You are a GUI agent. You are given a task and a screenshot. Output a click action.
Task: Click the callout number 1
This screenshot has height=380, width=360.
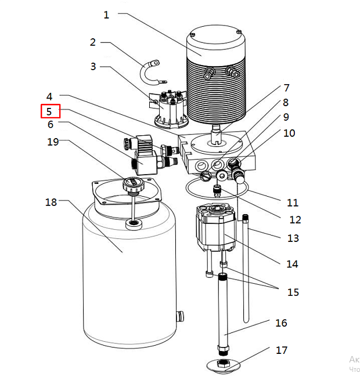coord(106,15)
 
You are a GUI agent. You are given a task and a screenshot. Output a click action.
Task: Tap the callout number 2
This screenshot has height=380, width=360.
coord(93,42)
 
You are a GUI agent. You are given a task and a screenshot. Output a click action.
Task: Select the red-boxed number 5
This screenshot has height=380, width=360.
coord(49,111)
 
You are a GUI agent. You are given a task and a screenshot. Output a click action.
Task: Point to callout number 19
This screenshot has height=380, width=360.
coord(53,142)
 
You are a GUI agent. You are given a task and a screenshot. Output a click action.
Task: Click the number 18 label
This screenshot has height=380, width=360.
coord(51,202)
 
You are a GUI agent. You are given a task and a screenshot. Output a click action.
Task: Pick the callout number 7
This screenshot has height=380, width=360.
coord(286,88)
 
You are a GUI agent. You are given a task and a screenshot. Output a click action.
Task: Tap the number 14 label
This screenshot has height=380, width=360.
coord(292,263)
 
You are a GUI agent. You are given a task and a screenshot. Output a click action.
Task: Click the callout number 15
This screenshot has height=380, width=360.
coord(293,292)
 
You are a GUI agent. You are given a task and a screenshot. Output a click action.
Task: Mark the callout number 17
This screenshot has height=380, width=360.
coord(282,350)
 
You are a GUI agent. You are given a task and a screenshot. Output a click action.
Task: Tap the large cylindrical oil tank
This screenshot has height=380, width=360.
coord(128,278)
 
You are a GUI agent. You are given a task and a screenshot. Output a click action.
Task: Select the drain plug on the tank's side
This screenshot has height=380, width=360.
coord(180,316)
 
